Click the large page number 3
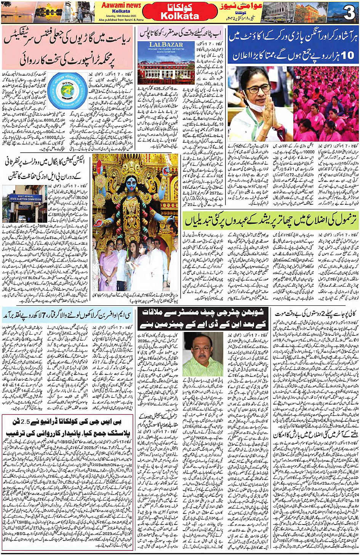pos(349,13)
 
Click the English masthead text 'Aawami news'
pos(121,5)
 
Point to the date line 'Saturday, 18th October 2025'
pos(121,16)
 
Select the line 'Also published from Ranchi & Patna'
pos(121,20)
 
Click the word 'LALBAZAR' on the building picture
pos(166,45)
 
